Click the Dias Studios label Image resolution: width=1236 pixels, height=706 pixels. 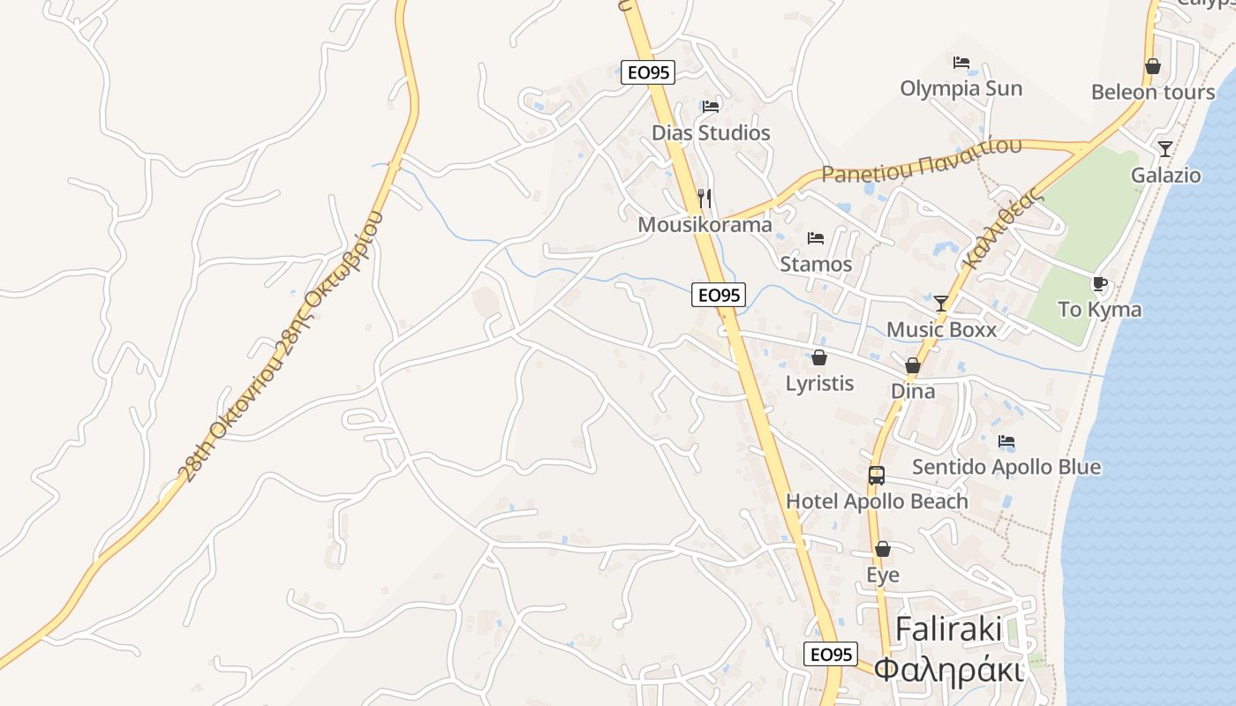[x=711, y=133]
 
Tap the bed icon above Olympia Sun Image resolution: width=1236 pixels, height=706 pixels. [x=961, y=63]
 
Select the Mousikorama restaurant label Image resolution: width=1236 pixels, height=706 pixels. [x=705, y=225]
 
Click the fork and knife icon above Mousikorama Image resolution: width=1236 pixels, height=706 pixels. [x=704, y=198]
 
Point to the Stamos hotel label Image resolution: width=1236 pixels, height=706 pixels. [x=816, y=264]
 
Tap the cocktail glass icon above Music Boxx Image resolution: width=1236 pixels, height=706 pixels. [x=941, y=304]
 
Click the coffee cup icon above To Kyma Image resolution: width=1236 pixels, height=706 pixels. [x=1099, y=284]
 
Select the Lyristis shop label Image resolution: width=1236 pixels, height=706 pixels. [x=819, y=384]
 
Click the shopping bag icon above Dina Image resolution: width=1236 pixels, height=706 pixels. [x=913, y=365]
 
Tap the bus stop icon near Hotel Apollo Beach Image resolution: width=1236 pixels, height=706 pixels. [x=876, y=476]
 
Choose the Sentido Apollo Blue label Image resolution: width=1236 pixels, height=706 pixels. [x=1006, y=467]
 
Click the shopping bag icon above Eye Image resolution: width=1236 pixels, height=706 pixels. [x=882, y=549]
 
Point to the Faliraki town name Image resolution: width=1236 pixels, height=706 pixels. [x=948, y=629]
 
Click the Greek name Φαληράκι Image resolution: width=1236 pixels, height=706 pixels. [x=948, y=670]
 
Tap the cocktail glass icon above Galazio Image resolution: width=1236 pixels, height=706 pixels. [x=1165, y=148]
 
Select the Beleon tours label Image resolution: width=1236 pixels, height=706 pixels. [x=1152, y=93]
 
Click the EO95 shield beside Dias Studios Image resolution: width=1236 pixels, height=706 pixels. [x=648, y=72]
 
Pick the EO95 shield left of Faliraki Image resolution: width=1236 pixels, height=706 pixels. [x=831, y=654]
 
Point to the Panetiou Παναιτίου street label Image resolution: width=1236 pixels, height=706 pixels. [x=921, y=161]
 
